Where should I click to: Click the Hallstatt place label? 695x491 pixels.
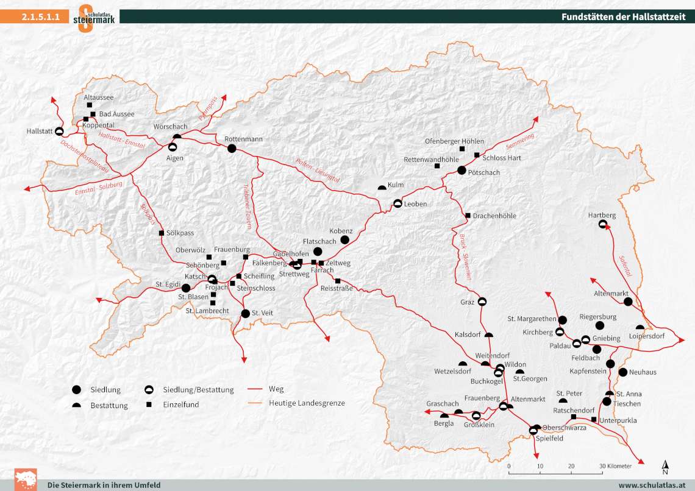(39, 131)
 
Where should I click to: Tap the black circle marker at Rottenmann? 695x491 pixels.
(232, 148)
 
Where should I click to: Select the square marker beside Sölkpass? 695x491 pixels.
(162, 233)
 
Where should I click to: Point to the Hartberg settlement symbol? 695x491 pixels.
(602, 224)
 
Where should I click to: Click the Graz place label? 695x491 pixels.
(468, 302)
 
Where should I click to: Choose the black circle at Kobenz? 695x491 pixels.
(344, 240)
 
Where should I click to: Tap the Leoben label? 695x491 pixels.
(415, 203)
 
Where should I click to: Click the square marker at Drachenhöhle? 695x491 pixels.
(468, 216)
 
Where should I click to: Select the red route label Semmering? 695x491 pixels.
(520, 142)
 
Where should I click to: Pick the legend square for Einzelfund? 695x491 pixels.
(148, 404)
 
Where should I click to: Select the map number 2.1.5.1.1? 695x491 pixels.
(41, 17)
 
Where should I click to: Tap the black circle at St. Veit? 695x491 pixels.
(245, 314)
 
